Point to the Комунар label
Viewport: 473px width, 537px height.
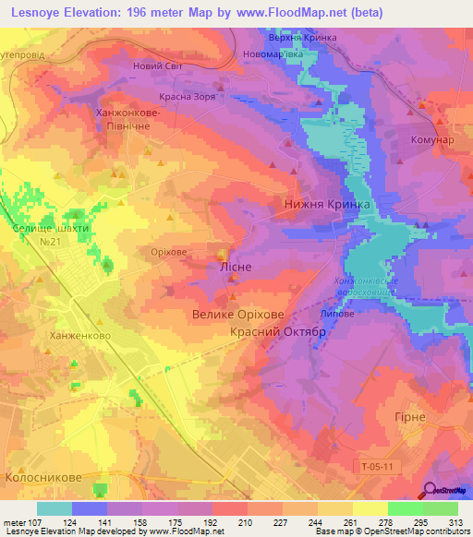430,140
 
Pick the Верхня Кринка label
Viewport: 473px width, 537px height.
301,38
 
